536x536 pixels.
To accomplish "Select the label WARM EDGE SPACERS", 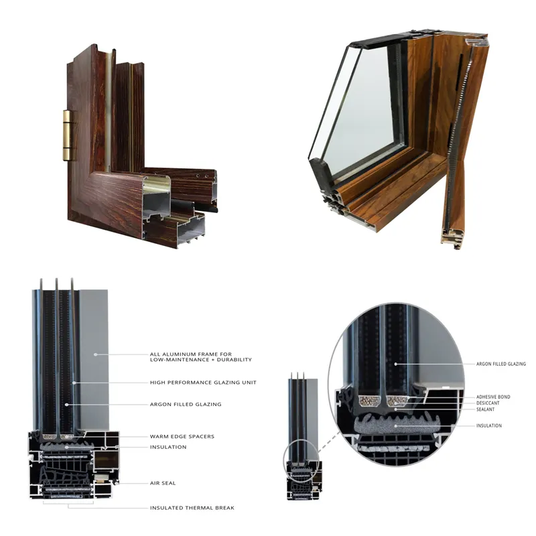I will [182, 436].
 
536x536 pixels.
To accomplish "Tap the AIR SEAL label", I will [163, 482].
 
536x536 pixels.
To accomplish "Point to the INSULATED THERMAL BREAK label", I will [192, 508].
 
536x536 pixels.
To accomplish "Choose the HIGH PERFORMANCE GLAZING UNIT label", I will [203, 382].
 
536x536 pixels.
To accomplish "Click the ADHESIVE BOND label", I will [492, 397].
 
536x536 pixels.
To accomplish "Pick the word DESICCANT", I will [488, 403].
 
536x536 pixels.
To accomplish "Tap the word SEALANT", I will [486, 409].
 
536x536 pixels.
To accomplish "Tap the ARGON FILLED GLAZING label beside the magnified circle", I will [500, 364].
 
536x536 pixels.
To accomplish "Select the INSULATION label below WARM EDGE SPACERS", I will [168, 447].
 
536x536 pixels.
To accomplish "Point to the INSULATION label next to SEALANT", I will [488, 425].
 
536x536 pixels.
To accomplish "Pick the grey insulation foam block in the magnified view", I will [395, 425].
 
